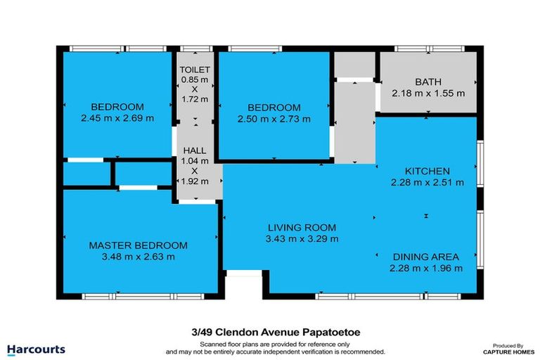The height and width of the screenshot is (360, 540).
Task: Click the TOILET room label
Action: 195,70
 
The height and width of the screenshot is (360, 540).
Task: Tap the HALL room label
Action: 195,150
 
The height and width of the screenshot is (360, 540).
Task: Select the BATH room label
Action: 428,82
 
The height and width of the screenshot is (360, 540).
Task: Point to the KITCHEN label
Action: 427,172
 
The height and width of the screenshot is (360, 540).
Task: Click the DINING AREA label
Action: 426,257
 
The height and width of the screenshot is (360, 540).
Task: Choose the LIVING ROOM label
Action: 302,228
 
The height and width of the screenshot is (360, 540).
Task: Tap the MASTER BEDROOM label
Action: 138,245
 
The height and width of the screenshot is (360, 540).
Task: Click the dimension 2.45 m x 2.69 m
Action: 117,118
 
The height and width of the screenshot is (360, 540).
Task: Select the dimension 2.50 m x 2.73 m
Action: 274,120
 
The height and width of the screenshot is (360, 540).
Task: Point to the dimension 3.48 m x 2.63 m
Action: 138,257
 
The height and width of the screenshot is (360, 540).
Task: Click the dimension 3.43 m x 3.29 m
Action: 302,239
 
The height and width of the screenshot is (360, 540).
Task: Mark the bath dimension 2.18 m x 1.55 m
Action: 428,94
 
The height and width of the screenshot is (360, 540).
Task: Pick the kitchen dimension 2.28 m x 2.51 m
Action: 427,182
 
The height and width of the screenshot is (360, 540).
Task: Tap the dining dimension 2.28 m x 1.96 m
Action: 426,268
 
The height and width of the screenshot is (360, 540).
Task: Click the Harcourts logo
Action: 36,350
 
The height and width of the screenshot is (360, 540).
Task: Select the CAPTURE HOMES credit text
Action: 508,352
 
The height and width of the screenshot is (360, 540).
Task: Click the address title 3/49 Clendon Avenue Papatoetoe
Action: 276,333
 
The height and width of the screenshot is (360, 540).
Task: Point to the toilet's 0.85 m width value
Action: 195,79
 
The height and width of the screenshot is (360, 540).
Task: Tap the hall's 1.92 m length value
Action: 195,181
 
